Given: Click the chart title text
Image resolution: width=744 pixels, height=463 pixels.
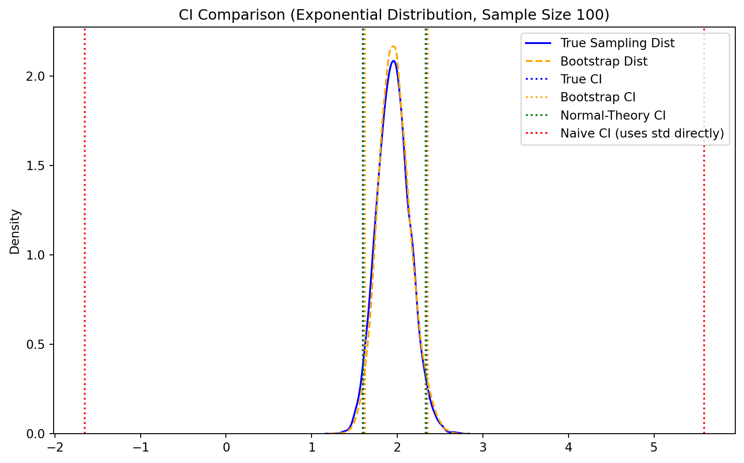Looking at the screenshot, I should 394,15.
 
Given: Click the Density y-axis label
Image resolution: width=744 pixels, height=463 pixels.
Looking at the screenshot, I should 15,231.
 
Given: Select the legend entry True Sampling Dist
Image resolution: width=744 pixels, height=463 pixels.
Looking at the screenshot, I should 617,43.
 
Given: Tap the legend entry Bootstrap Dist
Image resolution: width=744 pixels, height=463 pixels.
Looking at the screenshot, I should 603,61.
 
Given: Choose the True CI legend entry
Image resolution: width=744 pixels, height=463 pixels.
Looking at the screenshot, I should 581,79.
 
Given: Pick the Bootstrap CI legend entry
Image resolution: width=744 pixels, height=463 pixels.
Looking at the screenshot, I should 598,97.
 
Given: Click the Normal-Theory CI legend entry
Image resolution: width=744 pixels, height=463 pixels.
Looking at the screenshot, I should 613,116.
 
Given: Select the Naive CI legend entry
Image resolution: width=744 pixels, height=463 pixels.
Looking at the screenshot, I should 642,133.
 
